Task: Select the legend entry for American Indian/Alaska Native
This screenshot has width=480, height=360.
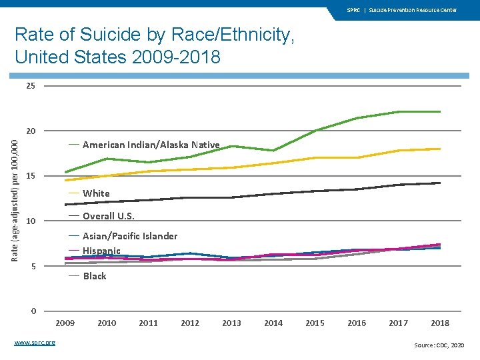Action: (x=151, y=145)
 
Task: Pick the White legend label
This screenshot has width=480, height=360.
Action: (x=96, y=193)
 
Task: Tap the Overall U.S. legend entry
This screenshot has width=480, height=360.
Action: (x=108, y=216)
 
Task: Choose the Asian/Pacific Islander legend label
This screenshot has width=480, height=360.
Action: (x=129, y=236)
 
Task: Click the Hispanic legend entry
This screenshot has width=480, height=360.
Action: (x=101, y=251)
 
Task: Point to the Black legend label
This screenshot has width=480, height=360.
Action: (x=94, y=276)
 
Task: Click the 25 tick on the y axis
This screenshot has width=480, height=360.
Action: (x=31, y=86)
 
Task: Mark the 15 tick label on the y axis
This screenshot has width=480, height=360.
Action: (x=31, y=176)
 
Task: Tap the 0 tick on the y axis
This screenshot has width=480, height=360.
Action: (x=33, y=311)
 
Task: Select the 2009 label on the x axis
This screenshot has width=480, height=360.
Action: (x=65, y=323)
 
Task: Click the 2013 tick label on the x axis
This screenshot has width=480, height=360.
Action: (x=231, y=323)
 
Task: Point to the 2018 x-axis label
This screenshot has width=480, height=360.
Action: (x=440, y=323)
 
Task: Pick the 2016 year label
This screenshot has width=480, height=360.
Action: (x=357, y=323)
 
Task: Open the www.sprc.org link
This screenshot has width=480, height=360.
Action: (x=35, y=343)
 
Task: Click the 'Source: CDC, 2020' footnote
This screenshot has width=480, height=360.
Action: (x=439, y=345)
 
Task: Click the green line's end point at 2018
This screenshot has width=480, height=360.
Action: (x=440, y=111)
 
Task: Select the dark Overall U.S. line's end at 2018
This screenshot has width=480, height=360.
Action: (x=440, y=183)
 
